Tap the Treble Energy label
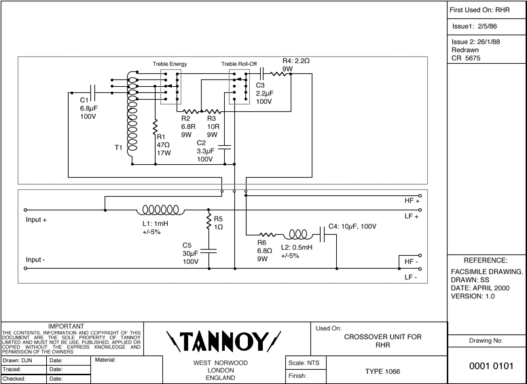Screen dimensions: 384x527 click(x=170, y=64)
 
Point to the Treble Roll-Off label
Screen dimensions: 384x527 click(x=239, y=64)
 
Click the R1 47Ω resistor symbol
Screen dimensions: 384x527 click(x=155, y=127)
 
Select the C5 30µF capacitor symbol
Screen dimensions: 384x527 click(x=209, y=250)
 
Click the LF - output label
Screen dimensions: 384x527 click(x=412, y=277)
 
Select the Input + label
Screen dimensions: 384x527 click(x=40, y=220)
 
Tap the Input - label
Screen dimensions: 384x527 click(x=39, y=260)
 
